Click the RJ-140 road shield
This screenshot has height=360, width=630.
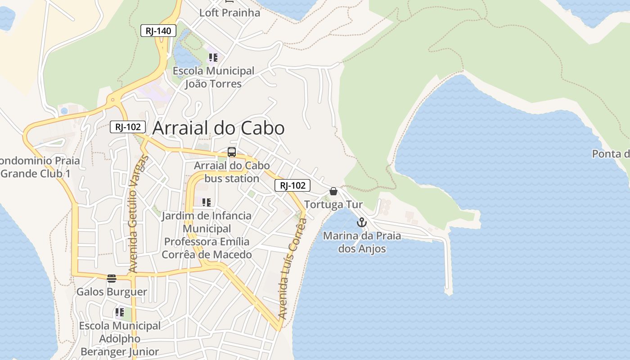click(158, 31)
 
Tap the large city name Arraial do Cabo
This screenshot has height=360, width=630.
click(218, 128)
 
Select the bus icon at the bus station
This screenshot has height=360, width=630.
click(232, 152)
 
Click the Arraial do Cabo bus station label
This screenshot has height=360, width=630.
click(232, 172)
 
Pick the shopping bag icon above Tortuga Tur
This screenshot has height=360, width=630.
click(333, 191)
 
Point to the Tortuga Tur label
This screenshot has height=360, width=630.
click(333, 205)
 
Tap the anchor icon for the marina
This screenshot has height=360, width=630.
click(362, 222)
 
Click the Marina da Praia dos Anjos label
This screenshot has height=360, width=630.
click(362, 242)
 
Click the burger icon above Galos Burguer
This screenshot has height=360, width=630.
click(112, 279)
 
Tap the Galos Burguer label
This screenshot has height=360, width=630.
click(112, 292)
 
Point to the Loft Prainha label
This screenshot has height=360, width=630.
click(229, 13)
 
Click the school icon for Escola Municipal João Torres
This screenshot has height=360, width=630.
click(213, 58)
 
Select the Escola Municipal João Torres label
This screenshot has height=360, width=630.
click(214, 77)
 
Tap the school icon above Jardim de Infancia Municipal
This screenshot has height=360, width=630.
click(207, 202)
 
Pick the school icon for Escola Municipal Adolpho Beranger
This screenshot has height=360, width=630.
click(120, 312)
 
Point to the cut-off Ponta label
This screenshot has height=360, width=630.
click(611, 154)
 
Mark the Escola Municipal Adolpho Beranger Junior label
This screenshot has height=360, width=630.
click(120, 338)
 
